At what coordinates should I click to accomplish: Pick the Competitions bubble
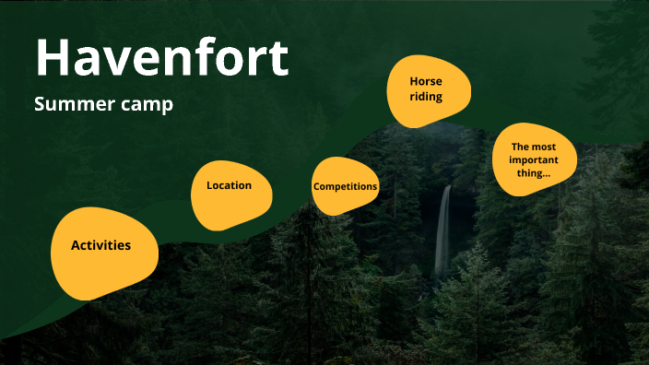tap(345, 187)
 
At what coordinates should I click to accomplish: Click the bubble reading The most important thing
tap(532, 159)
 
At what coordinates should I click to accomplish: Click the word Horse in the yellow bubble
tap(426, 81)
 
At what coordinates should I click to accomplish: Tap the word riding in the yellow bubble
tap(426, 96)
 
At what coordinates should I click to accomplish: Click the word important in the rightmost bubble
tap(532, 159)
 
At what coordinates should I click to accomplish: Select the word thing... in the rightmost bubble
tap(532, 171)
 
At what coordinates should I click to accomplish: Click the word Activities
tap(100, 245)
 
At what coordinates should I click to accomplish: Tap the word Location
tap(229, 185)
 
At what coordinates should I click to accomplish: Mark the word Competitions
tap(345, 186)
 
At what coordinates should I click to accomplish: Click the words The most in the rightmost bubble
tap(532, 147)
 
